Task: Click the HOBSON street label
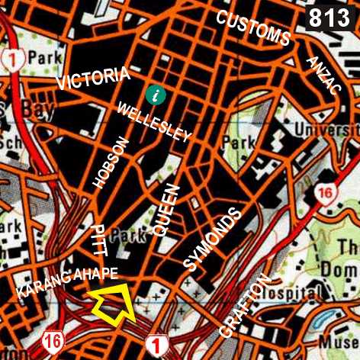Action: (109, 163)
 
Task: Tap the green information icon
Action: (156, 95)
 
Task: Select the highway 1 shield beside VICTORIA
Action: (10, 58)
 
